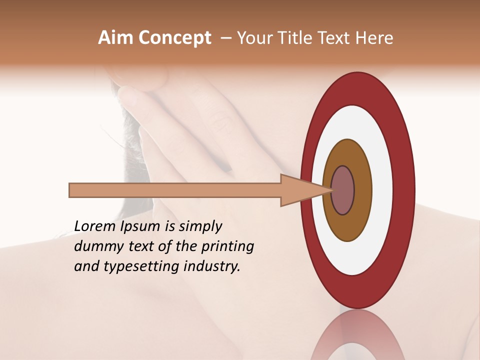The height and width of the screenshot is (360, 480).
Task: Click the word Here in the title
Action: (374, 38)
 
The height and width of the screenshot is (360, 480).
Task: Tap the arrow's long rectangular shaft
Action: (175, 190)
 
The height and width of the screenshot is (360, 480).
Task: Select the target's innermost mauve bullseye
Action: (343, 190)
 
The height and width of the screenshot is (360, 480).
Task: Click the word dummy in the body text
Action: (95, 247)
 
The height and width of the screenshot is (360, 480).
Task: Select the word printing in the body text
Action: (227, 247)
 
